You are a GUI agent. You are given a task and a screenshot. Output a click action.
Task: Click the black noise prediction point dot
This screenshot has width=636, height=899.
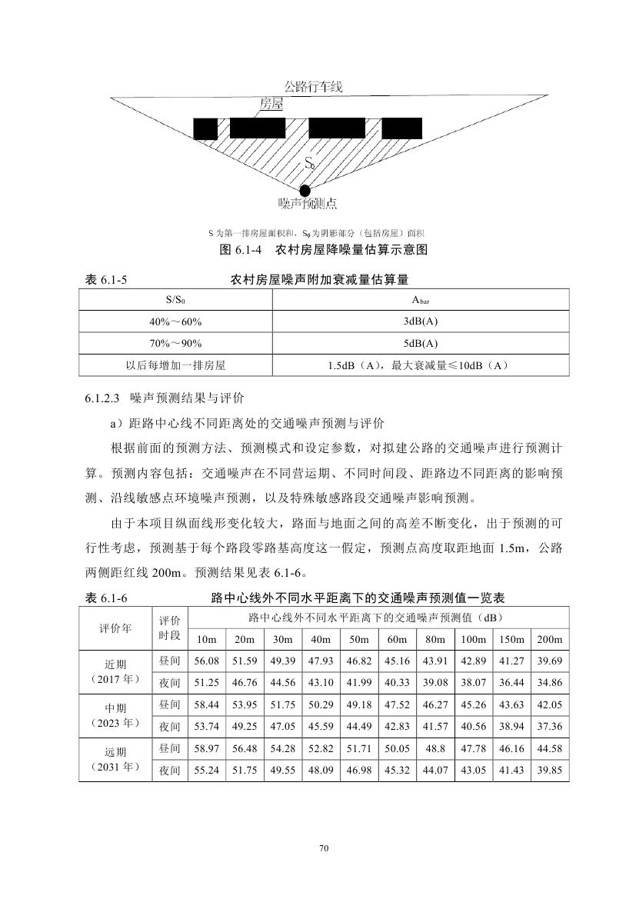[x=305, y=190]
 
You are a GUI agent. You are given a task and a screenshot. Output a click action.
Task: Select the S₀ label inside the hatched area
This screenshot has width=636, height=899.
[x=309, y=162]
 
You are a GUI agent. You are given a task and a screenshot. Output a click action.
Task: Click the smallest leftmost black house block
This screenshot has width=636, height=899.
[x=205, y=128]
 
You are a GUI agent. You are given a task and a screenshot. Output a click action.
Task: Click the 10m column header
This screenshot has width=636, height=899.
[x=206, y=640]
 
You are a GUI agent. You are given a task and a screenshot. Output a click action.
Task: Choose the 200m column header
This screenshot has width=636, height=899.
[x=549, y=640]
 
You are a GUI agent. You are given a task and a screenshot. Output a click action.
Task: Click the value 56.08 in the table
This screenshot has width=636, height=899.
[x=206, y=661]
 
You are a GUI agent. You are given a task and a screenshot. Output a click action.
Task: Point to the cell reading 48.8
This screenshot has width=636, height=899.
[x=435, y=748]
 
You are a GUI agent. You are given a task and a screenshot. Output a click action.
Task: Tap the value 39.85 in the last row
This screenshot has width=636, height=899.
[x=549, y=770]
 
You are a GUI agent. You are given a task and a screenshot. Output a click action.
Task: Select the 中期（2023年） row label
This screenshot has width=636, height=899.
[x=115, y=715]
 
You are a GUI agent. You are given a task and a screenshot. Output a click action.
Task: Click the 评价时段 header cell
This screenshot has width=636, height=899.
[x=170, y=628]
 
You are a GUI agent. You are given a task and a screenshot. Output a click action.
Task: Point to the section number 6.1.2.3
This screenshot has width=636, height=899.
[x=104, y=398]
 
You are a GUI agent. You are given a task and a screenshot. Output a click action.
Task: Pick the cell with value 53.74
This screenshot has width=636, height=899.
[x=206, y=726]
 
